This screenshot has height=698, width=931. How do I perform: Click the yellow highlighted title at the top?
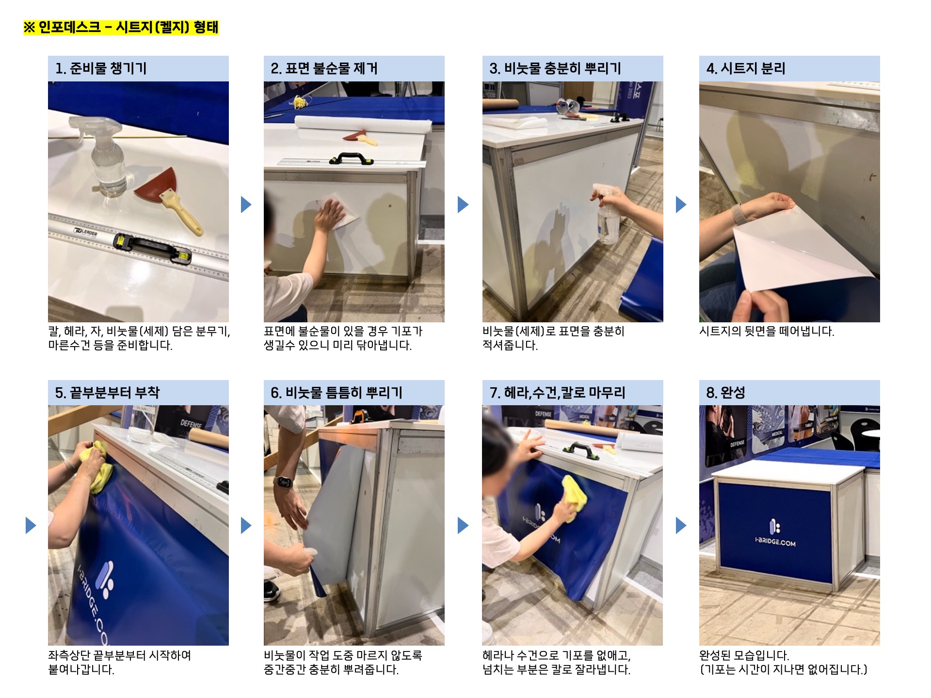pyautogui.click(x=121, y=27)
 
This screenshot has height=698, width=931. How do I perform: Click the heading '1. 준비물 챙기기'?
pyautogui.click(x=101, y=68)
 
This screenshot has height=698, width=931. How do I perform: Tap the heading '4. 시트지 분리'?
pyautogui.click(x=746, y=68)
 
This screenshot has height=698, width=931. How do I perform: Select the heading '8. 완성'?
pyautogui.click(x=725, y=393)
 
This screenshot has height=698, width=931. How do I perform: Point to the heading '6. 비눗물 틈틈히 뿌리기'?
pyautogui.click(x=337, y=393)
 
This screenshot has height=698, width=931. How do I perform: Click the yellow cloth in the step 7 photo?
pyautogui.click(x=574, y=499)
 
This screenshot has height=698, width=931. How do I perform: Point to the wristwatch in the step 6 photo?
pyautogui.click(x=283, y=482)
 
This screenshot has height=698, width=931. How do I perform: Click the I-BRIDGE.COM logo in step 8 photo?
pyautogui.click(x=775, y=533)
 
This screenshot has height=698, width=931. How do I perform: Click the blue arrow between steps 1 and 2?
pyautogui.click(x=246, y=205)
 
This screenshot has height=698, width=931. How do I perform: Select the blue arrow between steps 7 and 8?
pyautogui.click(x=681, y=525)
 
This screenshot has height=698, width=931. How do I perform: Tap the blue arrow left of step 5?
pyautogui.click(x=31, y=525)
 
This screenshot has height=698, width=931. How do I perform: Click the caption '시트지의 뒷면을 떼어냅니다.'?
pyautogui.click(x=767, y=332)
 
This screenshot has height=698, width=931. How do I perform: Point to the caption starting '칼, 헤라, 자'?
pyautogui.click(x=139, y=338)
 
